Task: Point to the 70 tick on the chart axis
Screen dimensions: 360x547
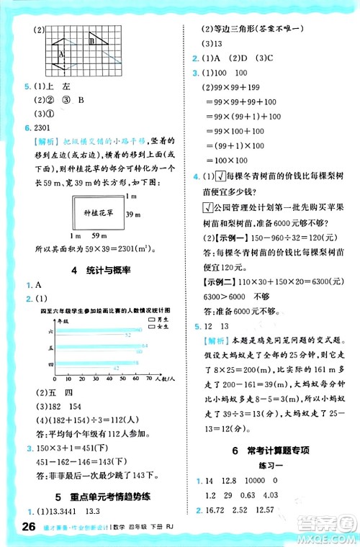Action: [148, 379]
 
